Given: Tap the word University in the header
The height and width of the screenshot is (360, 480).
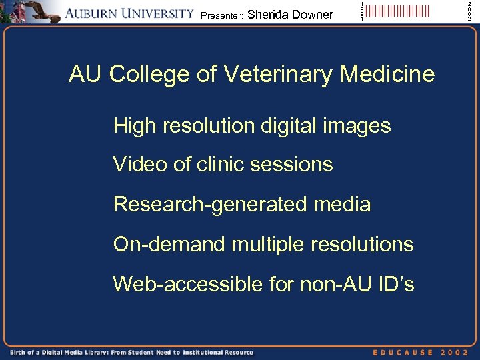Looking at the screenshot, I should click(x=159, y=13).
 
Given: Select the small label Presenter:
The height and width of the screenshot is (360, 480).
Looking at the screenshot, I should click(x=221, y=15).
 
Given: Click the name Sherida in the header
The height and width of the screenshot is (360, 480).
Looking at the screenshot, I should click(x=267, y=14).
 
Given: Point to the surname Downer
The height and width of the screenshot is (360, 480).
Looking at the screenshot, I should click(x=312, y=14).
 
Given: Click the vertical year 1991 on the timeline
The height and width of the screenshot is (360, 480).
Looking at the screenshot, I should click(x=362, y=11).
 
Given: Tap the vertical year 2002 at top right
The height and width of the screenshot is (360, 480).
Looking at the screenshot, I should click(x=469, y=11).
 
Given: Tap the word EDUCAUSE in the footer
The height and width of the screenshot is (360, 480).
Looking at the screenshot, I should click(x=403, y=351).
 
